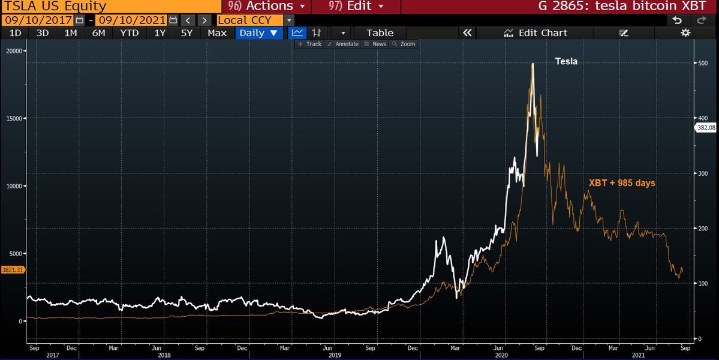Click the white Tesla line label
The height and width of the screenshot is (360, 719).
click(566, 61)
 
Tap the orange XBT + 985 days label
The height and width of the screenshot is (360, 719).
click(622, 183)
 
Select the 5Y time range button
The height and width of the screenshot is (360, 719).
click(186, 33)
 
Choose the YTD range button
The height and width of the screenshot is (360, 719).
click(128, 33)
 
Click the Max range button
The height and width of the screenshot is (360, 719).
click(216, 33)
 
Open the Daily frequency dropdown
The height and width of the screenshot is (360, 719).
click(258, 33)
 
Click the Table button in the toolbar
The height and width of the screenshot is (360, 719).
click(380, 33)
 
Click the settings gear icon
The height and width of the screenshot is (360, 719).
click(685, 33)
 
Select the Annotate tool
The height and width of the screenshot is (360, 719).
click(344, 44)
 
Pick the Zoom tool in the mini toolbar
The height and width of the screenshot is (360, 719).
click(404, 44)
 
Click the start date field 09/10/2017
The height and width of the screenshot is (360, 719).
click(37, 20)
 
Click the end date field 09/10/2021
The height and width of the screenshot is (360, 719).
click(131, 20)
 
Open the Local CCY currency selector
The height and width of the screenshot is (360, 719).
click(249, 20)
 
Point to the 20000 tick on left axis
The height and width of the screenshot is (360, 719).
click(13, 51)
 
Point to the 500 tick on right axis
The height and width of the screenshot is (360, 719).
click(703, 63)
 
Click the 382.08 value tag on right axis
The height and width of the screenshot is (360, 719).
click(706, 128)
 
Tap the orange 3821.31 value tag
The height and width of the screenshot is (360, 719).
click(13, 270)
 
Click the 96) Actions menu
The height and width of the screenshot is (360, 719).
click(267, 7)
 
